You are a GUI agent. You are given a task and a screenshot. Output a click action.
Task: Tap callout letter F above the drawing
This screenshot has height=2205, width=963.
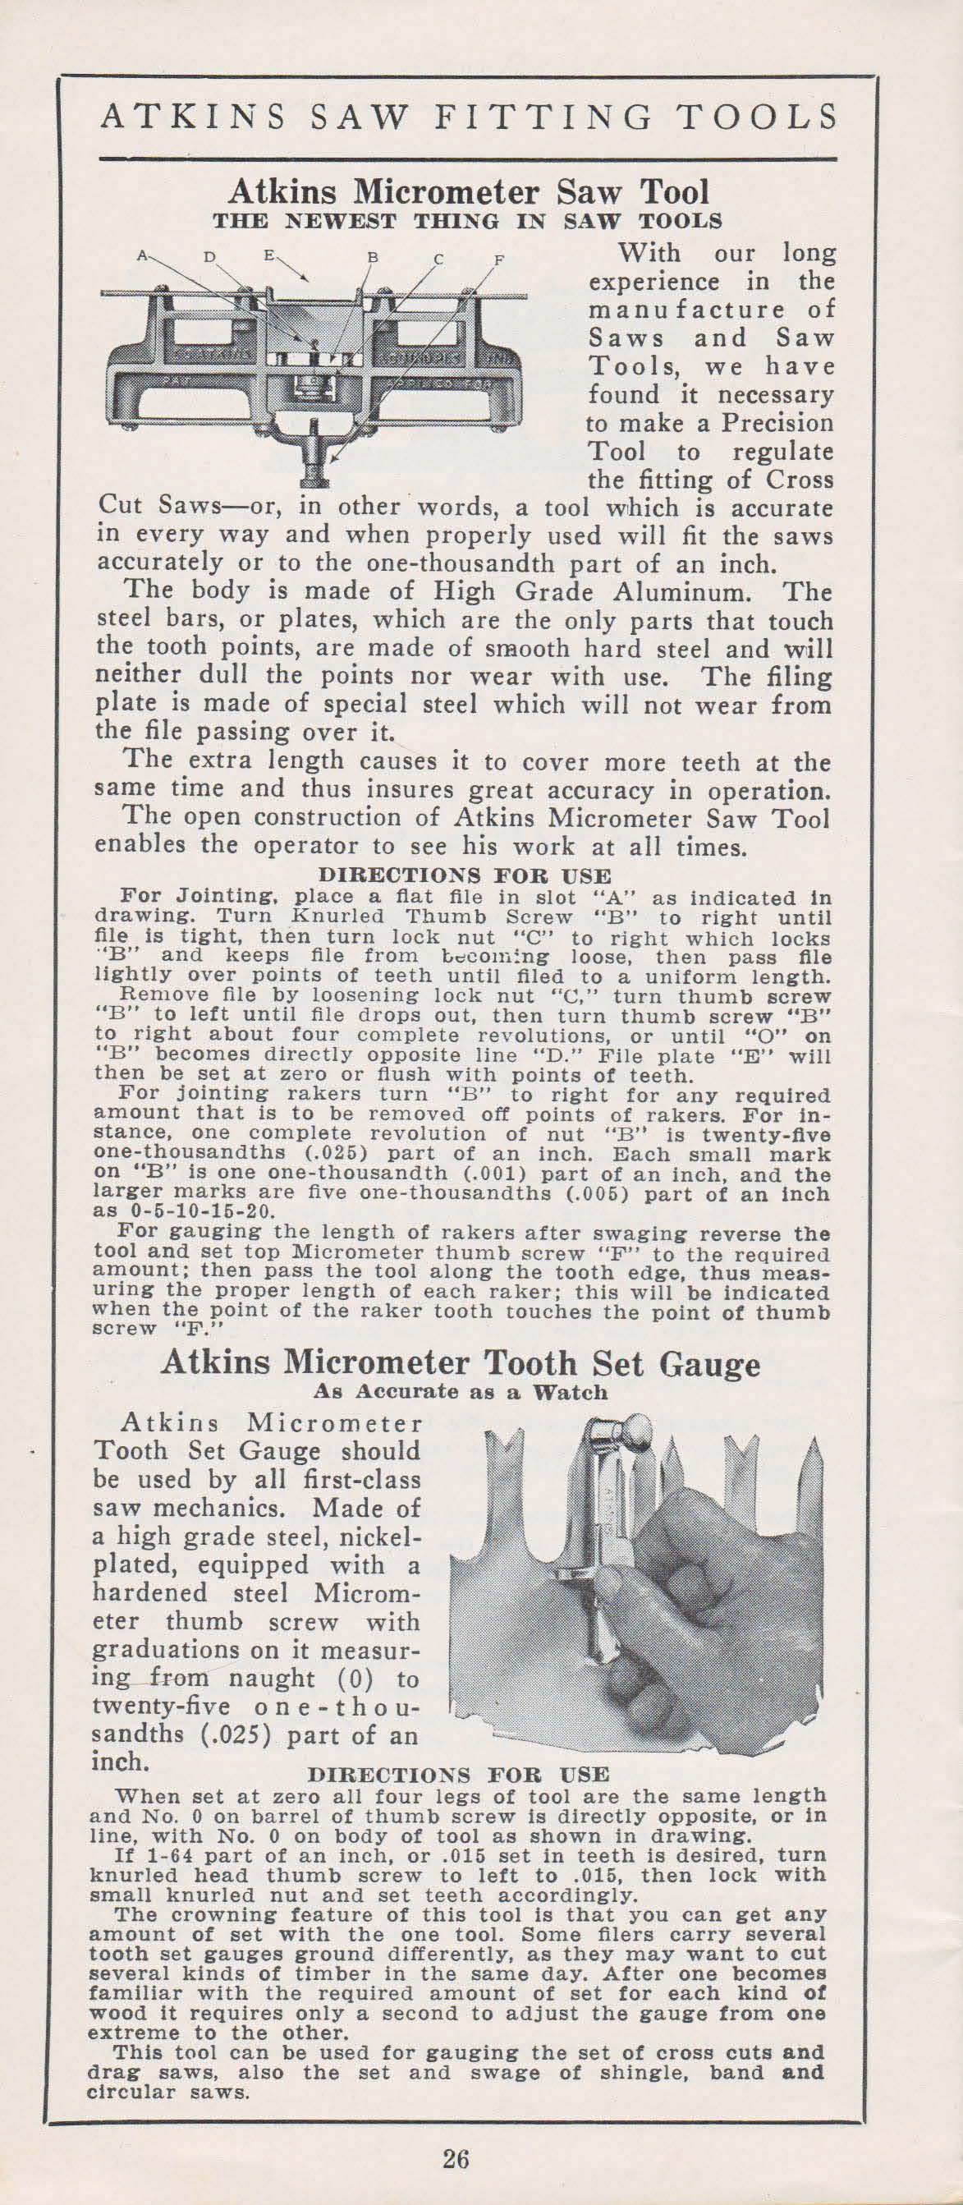tap(499, 258)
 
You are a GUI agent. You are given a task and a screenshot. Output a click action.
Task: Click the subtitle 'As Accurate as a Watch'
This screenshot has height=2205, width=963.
tap(461, 1391)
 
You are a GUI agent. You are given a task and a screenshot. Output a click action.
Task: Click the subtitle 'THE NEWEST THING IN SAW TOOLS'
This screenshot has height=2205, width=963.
tap(467, 220)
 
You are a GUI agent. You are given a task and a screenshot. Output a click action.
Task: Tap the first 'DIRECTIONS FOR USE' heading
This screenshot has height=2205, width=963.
tap(465, 876)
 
